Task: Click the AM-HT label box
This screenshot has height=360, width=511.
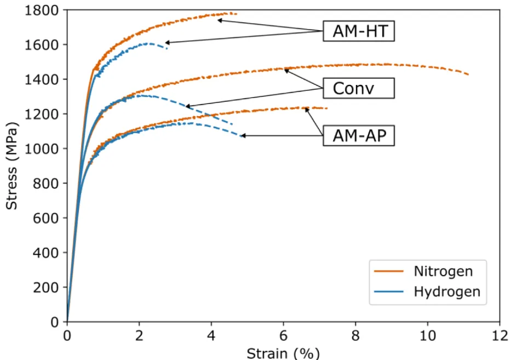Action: coord(359,31)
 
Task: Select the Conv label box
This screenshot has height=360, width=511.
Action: coord(359,88)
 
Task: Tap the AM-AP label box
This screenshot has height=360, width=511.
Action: coord(359,135)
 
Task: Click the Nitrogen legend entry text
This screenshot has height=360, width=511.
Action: coord(443,271)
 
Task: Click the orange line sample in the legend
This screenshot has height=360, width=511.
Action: coord(389,271)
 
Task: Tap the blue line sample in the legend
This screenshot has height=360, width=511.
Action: coord(389,292)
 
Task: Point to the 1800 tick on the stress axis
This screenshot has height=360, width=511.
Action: coord(42,10)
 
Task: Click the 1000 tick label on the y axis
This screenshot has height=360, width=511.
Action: coord(42,148)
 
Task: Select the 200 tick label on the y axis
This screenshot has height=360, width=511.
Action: coord(45,288)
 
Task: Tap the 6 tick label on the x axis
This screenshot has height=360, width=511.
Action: coord(284,335)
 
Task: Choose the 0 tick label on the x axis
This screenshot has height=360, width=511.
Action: coord(67,335)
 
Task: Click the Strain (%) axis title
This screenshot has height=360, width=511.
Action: coord(283,353)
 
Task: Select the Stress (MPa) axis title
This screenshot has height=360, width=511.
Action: coord(12,166)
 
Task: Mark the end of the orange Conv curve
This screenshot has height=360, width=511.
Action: coord(468,75)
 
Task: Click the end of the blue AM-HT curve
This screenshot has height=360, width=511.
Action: coord(167,48)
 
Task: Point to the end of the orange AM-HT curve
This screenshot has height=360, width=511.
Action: coord(236,14)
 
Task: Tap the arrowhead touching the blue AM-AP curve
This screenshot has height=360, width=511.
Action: coord(243,136)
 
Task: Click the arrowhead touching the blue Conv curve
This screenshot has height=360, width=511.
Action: coord(188,106)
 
